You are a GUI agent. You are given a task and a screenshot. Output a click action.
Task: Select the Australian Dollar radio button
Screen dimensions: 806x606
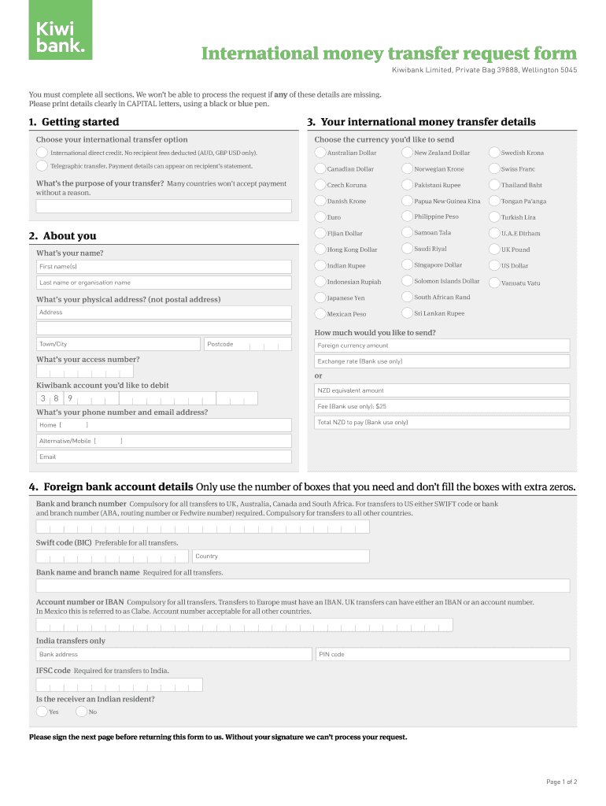[320, 153]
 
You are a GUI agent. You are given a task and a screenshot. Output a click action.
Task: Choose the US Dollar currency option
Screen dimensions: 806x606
[494, 265]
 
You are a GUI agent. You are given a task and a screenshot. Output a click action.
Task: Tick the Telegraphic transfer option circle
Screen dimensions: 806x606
[42, 166]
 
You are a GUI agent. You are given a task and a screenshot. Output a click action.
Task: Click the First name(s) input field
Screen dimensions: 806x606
[164, 267]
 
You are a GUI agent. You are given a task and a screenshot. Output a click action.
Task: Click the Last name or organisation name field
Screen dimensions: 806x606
[164, 283]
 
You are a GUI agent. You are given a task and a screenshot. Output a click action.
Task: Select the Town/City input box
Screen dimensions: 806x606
[118, 344]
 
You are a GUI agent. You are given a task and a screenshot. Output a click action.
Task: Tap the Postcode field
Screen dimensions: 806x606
[247, 344]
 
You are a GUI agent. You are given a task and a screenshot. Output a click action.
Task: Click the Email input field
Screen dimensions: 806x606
[164, 457]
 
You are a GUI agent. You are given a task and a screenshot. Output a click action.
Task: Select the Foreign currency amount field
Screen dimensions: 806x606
[442, 346]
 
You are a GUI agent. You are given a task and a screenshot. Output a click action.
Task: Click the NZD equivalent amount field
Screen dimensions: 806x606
[442, 390]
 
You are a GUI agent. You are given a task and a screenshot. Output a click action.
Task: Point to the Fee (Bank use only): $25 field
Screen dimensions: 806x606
[442, 406]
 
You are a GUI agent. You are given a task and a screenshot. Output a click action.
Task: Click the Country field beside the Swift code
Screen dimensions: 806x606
[280, 556]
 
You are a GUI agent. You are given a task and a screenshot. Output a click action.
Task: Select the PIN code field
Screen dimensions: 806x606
[442, 654]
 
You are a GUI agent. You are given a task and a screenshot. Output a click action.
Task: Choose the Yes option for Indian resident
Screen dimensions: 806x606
[42, 712]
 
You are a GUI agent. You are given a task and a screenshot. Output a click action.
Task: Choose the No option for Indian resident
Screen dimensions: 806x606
[82, 712]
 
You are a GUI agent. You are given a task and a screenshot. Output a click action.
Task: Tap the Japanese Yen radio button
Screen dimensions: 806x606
[320, 298]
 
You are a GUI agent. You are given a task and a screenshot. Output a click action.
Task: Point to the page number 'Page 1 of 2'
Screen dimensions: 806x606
[562, 782]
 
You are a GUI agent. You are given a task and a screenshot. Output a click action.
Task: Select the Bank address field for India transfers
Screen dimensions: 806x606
[173, 654]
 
